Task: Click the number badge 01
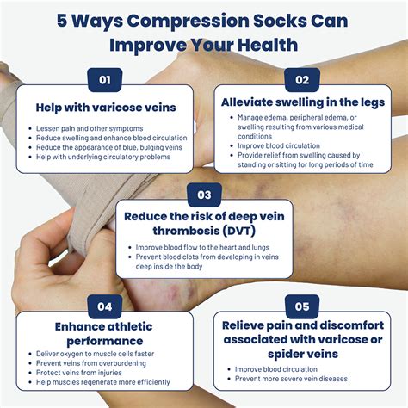coord(105,81)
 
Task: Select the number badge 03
coord(203,194)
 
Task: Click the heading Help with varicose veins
coord(105,108)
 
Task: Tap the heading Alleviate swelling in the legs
coord(302,101)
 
